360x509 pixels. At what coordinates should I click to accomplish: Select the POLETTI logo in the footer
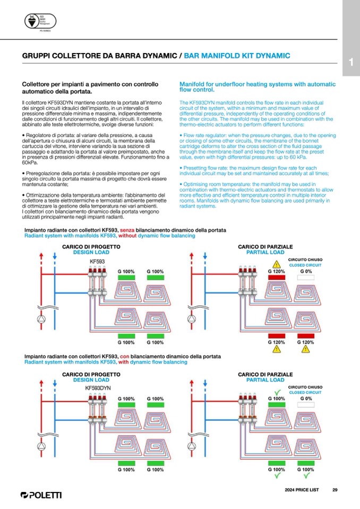41,495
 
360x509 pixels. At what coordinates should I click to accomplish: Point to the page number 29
335,489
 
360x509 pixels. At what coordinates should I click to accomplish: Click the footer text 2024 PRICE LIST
302,489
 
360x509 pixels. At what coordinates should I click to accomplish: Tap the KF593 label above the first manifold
97,262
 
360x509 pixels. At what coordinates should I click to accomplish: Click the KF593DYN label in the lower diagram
98,388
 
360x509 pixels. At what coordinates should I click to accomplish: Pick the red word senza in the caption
127,230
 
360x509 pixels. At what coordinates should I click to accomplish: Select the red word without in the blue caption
127,235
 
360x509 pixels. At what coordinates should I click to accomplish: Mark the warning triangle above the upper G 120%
276,264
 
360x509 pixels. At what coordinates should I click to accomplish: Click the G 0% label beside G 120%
305,271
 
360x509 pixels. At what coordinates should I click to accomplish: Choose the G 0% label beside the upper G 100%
305,398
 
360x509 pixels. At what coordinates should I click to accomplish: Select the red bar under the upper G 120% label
276,278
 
